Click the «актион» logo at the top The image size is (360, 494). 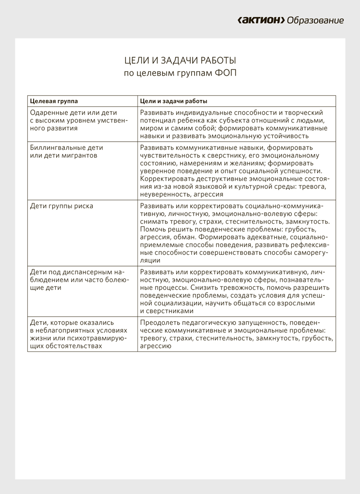tap(261, 21)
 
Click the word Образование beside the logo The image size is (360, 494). tap(315, 21)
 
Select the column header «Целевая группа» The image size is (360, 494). tap(54, 101)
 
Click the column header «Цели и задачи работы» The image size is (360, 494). tap(173, 101)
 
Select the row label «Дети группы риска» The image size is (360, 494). tap(61, 206)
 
